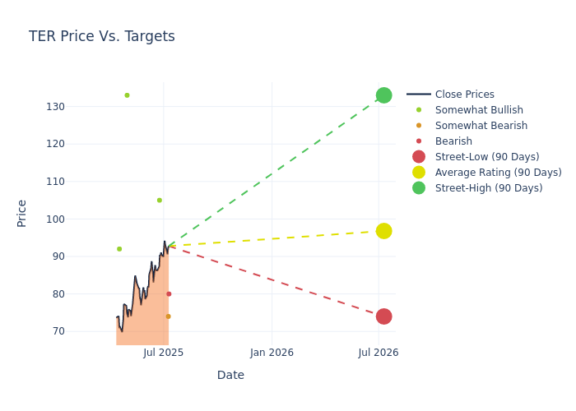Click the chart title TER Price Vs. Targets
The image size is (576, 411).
tap(102, 37)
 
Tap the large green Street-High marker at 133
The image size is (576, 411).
tap(383, 95)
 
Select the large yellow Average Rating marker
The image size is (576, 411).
tap(383, 231)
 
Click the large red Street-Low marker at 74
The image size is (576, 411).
tap(383, 316)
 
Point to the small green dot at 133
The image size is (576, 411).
tap(127, 95)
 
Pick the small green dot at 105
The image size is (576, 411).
tap(160, 201)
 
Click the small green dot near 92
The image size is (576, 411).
tap(119, 249)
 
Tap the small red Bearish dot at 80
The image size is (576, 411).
tap(169, 294)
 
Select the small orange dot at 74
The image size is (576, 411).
tap(168, 316)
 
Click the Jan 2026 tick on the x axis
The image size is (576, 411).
tap(272, 353)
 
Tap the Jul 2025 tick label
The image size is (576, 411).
tap(163, 353)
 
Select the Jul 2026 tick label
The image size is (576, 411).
tap(379, 353)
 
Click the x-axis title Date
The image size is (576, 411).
tap(230, 376)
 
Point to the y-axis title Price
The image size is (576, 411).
tap(22, 213)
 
